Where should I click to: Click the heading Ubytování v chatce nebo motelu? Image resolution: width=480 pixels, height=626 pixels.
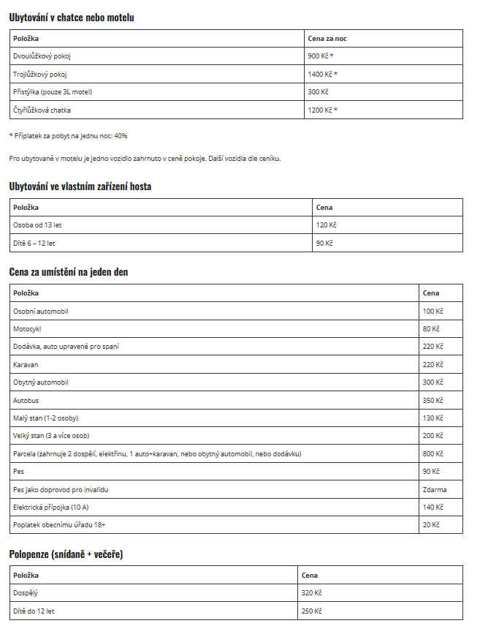[x=72, y=17]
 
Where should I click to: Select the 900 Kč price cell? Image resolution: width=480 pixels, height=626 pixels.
[x=321, y=56]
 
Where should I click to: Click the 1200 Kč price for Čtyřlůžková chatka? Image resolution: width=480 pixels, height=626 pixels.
[x=322, y=110]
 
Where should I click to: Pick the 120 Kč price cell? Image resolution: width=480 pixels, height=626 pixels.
[x=326, y=225]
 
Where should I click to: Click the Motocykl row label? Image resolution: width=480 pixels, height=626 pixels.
[x=27, y=329]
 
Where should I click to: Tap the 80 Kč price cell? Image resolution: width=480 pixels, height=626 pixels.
[x=431, y=329]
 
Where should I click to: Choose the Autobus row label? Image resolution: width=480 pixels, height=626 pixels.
[x=26, y=401]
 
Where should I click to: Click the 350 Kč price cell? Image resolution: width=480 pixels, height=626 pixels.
[x=433, y=401]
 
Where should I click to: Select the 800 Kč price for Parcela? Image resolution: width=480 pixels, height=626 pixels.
[x=433, y=454]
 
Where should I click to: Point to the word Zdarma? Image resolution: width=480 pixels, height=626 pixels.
[x=435, y=490]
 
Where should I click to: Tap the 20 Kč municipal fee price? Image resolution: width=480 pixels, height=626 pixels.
[x=431, y=525]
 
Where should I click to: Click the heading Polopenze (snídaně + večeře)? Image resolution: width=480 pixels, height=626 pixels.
[x=66, y=554]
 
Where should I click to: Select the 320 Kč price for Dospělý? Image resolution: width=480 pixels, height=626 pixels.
[x=312, y=593]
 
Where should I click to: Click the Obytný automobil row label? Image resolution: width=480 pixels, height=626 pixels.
[x=41, y=382]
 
